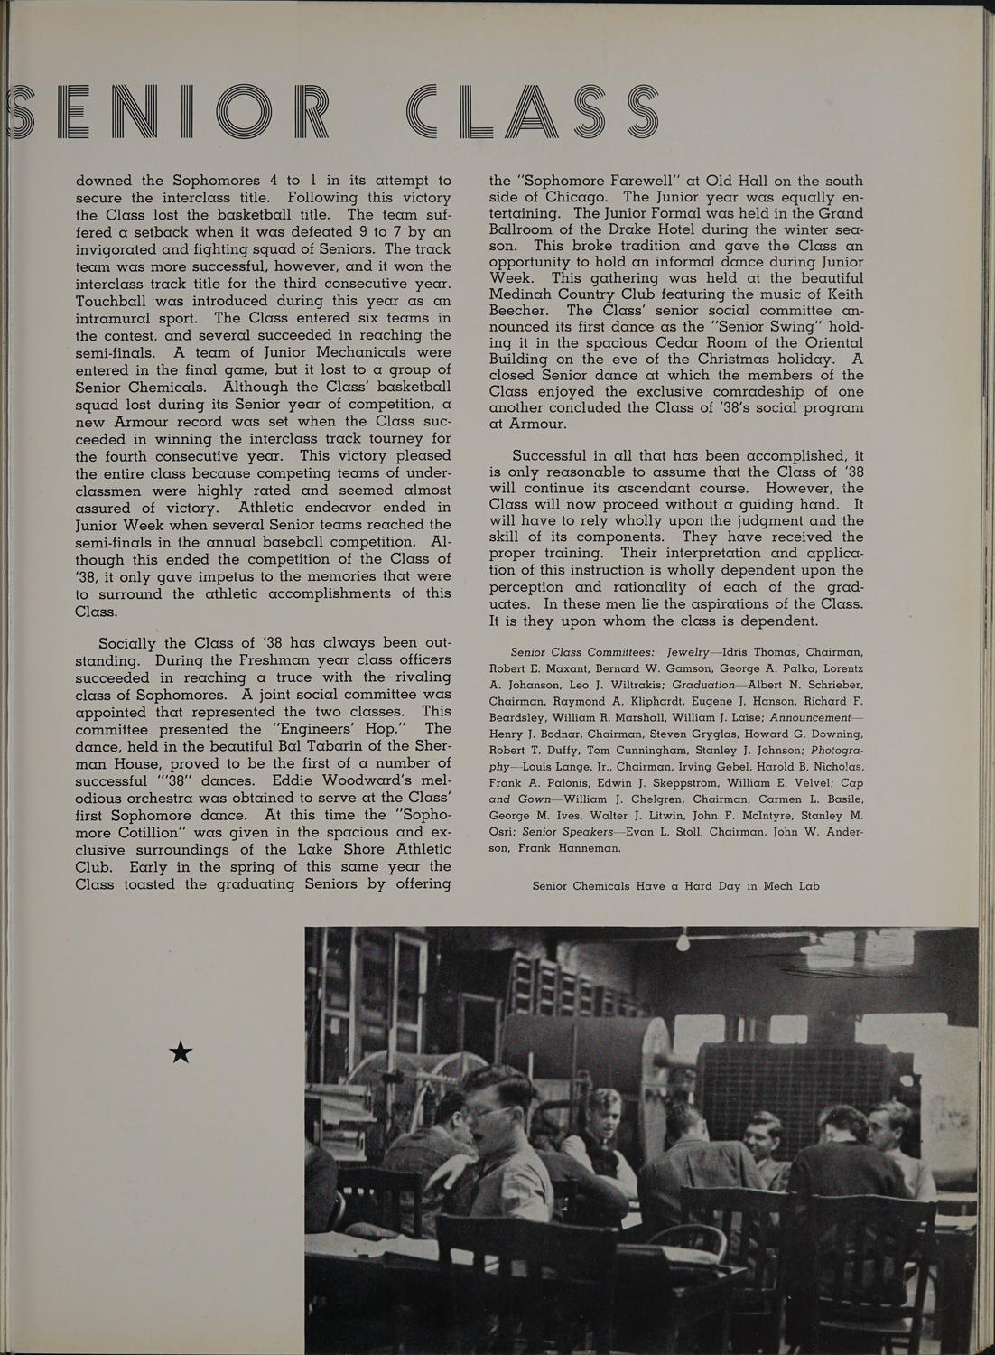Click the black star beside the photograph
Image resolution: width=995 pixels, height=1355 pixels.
coord(181,1051)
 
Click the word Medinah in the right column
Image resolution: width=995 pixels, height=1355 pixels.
coord(529,294)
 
